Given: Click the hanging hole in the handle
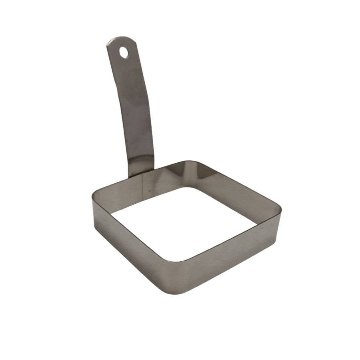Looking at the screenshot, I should [x=124, y=52].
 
